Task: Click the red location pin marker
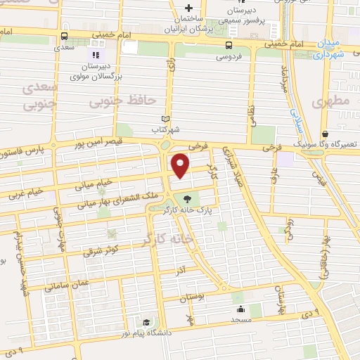tap(181, 165)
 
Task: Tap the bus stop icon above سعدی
tap(65, 37)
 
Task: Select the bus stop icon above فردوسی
tap(228, 44)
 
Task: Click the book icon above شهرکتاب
tap(166, 119)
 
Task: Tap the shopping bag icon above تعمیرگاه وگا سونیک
tap(324, 134)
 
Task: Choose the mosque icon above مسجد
tap(240, 309)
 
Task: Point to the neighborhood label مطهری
tap(334, 103)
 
